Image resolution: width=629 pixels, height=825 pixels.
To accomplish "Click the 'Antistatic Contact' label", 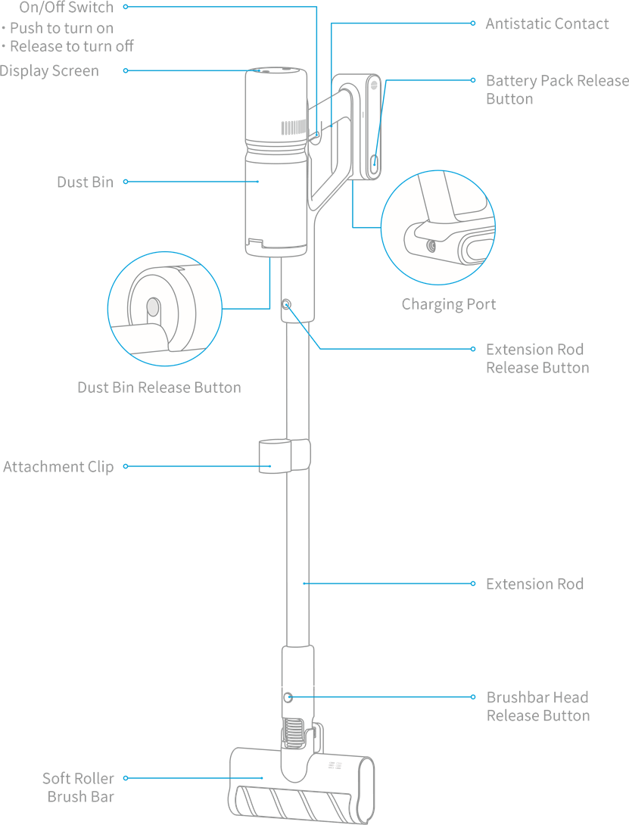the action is pyautogui.click(x=547, y=23).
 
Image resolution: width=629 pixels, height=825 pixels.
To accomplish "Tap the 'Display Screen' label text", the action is pyautogui.click(x=49, y=71).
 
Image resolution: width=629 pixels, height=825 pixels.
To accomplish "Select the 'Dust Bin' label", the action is pyautogui.click(x=86, y=182).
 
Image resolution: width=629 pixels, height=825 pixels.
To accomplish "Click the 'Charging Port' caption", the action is pyautogui.click(x=448, y=304).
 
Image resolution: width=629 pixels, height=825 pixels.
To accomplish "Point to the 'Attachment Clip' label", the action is pyautogui.click(x=58, y=467).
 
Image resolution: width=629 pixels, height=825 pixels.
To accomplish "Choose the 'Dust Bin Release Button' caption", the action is pyautogui.click(x=159, y=388).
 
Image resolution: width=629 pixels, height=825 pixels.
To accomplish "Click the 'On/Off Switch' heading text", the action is pyautogui.click(x=67, y=8).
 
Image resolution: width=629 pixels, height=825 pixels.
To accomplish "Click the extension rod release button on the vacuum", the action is pyautogui.click(x=286, y=304).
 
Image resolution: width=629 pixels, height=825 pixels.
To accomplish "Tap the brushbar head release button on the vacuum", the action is pyautogui.click(x=288, y=697).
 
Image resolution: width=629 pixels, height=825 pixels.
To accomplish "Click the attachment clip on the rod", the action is pyautogui.click(x=285, y=456).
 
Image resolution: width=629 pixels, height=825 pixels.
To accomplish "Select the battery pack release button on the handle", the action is pyautogui.click(x=374, y=160).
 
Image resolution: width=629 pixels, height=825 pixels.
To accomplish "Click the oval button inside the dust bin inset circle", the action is pyautogui.click(x=153, y=307).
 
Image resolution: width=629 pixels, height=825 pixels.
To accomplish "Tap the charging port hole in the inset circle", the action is pyautogui.click(x=431, y=246).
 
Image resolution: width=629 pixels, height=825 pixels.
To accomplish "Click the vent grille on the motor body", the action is pyautogui.click(x=294, y=127).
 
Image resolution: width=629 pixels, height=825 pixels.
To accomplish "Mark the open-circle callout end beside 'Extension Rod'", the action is pyautogui.click(x=472, y=584).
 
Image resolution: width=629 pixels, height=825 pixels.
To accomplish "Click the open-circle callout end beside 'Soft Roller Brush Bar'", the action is pyautogui.click(x=126, y=777).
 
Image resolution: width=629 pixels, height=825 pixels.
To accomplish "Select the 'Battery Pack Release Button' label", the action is pyautogui.click(x=557, y=90).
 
